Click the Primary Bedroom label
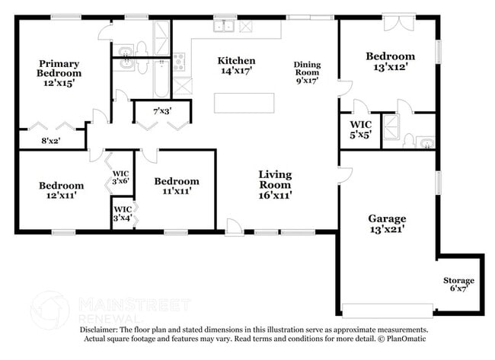tap(59, 73)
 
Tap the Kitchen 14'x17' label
tap(236, 65)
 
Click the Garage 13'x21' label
tap(388, 222)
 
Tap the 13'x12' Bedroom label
tap(390, 61)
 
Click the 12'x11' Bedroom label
tap(62, 190)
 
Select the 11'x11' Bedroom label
tap(177, 186)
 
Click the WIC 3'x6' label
tap(120, 176)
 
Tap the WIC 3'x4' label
tap(122, 212)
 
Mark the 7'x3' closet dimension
tap(161, 111)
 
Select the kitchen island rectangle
tap(244, 103)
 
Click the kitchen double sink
tap(224, 27)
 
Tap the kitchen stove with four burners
tap(178, 62)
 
